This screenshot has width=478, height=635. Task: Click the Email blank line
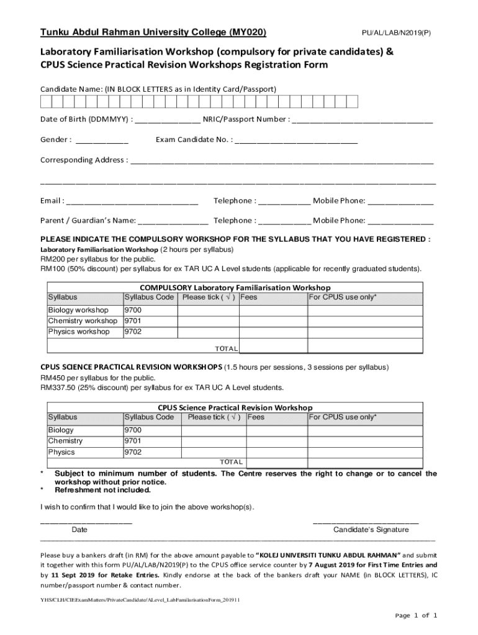[132, 202]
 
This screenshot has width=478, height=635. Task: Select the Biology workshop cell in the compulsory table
[78, 310]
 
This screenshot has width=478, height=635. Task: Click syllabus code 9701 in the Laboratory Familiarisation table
[133, 321]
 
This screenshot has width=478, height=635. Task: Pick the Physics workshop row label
[79, 332]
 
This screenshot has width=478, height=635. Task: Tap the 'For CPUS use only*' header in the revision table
[342, 417]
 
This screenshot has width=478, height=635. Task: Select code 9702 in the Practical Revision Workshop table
[133, 452]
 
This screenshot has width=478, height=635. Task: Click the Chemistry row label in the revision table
[65, 441]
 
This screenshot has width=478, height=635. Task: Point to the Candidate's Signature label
[371, 530]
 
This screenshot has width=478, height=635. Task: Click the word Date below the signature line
[79, 530]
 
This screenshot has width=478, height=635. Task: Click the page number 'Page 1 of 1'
[417, 615]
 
